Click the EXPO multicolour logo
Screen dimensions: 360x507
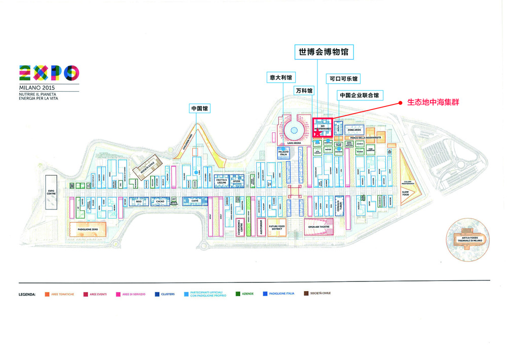(x=49, y=74)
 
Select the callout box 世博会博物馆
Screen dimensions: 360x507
(x=324, y=52)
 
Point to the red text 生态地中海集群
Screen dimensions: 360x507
(x=429, y=102)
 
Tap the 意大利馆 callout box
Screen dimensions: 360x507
(x=280, y=78)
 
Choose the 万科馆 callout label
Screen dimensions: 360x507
(x=304, y=90)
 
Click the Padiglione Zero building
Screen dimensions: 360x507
(x=88, y=229)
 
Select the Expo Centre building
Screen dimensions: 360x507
(x=51, y=192)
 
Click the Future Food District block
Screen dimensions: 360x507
(x=276, y=228)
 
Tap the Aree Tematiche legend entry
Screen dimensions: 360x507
(x=59, y=294)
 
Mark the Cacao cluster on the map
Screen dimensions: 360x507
(x=160, y=201)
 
